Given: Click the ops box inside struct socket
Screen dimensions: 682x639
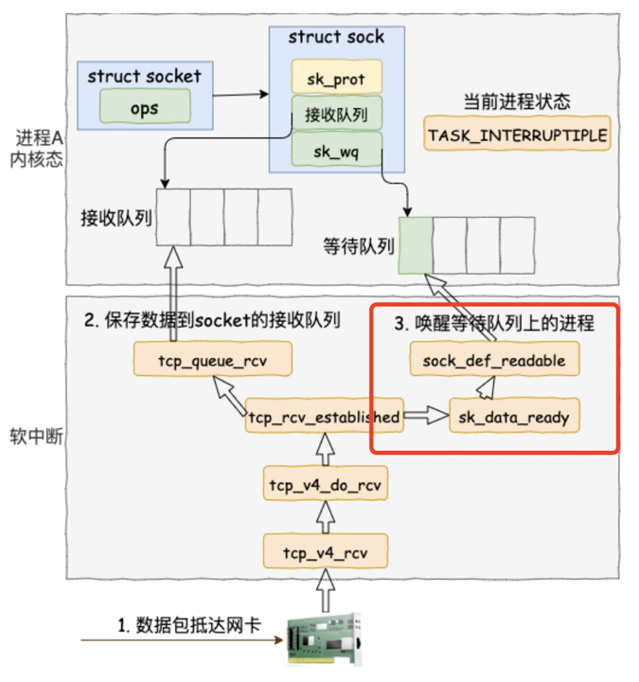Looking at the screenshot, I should click(x=144, y=108).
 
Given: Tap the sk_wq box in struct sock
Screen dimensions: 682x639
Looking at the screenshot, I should click(x=337, y=149).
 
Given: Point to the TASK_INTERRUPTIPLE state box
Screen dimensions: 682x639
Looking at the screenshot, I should click(x=517, y=135).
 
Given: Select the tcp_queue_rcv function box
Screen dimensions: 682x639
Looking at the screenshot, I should click(x=211, y=359).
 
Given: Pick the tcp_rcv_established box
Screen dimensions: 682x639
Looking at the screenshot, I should click(x=324, y=416).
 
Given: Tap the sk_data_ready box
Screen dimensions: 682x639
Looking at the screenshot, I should click(x=513, y=416).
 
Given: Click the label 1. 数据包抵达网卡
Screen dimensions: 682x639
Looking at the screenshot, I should click(x=188, y=625).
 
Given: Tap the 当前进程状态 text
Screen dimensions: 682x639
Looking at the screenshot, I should click(x=517, y=102).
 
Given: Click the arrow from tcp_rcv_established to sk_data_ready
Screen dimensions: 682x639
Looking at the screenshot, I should click(x=426, y=416).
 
